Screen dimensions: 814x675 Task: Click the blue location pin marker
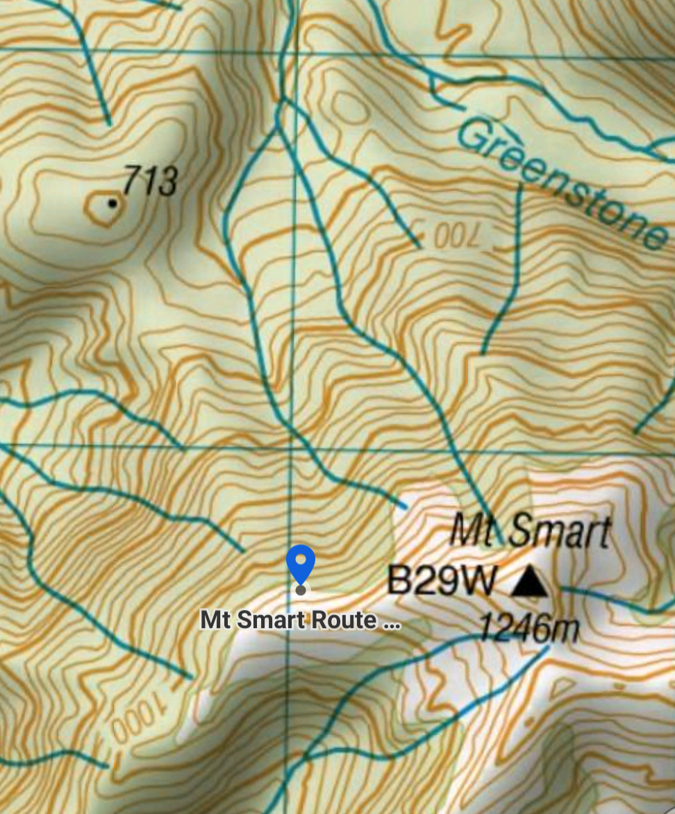pyautogui.click(x=301, y=563)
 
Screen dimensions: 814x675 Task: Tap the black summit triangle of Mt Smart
pyautogui.click(x=529, y=581)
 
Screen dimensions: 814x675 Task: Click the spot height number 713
pyautogui.click(x=150, y=181)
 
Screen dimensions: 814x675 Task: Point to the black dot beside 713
pyautogui.click(x=112, y=203)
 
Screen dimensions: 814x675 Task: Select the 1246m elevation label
pyautogui.click(x=528, y=629)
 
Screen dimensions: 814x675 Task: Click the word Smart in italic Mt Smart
pyautogui.click(x=559, y=532)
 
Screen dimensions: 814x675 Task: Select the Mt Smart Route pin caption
pyautogui.click(x=300, y=620)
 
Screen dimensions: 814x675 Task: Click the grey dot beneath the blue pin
pyautogui.click(x=301, y=590)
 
